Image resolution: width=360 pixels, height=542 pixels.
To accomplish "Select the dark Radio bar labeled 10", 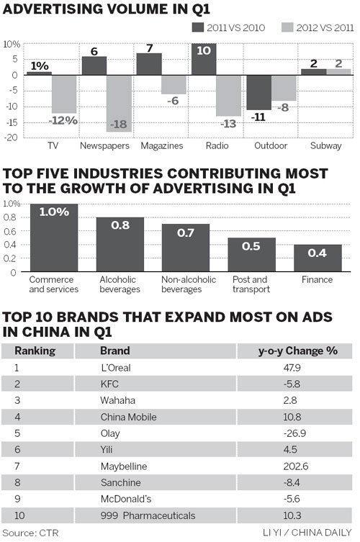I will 204,59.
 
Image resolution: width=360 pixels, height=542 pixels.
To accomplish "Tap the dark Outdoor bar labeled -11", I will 258,92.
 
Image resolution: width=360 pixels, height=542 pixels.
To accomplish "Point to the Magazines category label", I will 162,145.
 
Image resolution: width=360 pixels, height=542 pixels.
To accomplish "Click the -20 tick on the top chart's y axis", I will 12,137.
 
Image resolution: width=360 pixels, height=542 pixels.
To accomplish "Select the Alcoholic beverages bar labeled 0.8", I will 120,245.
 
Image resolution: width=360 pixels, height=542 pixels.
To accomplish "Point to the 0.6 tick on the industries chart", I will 12,231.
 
